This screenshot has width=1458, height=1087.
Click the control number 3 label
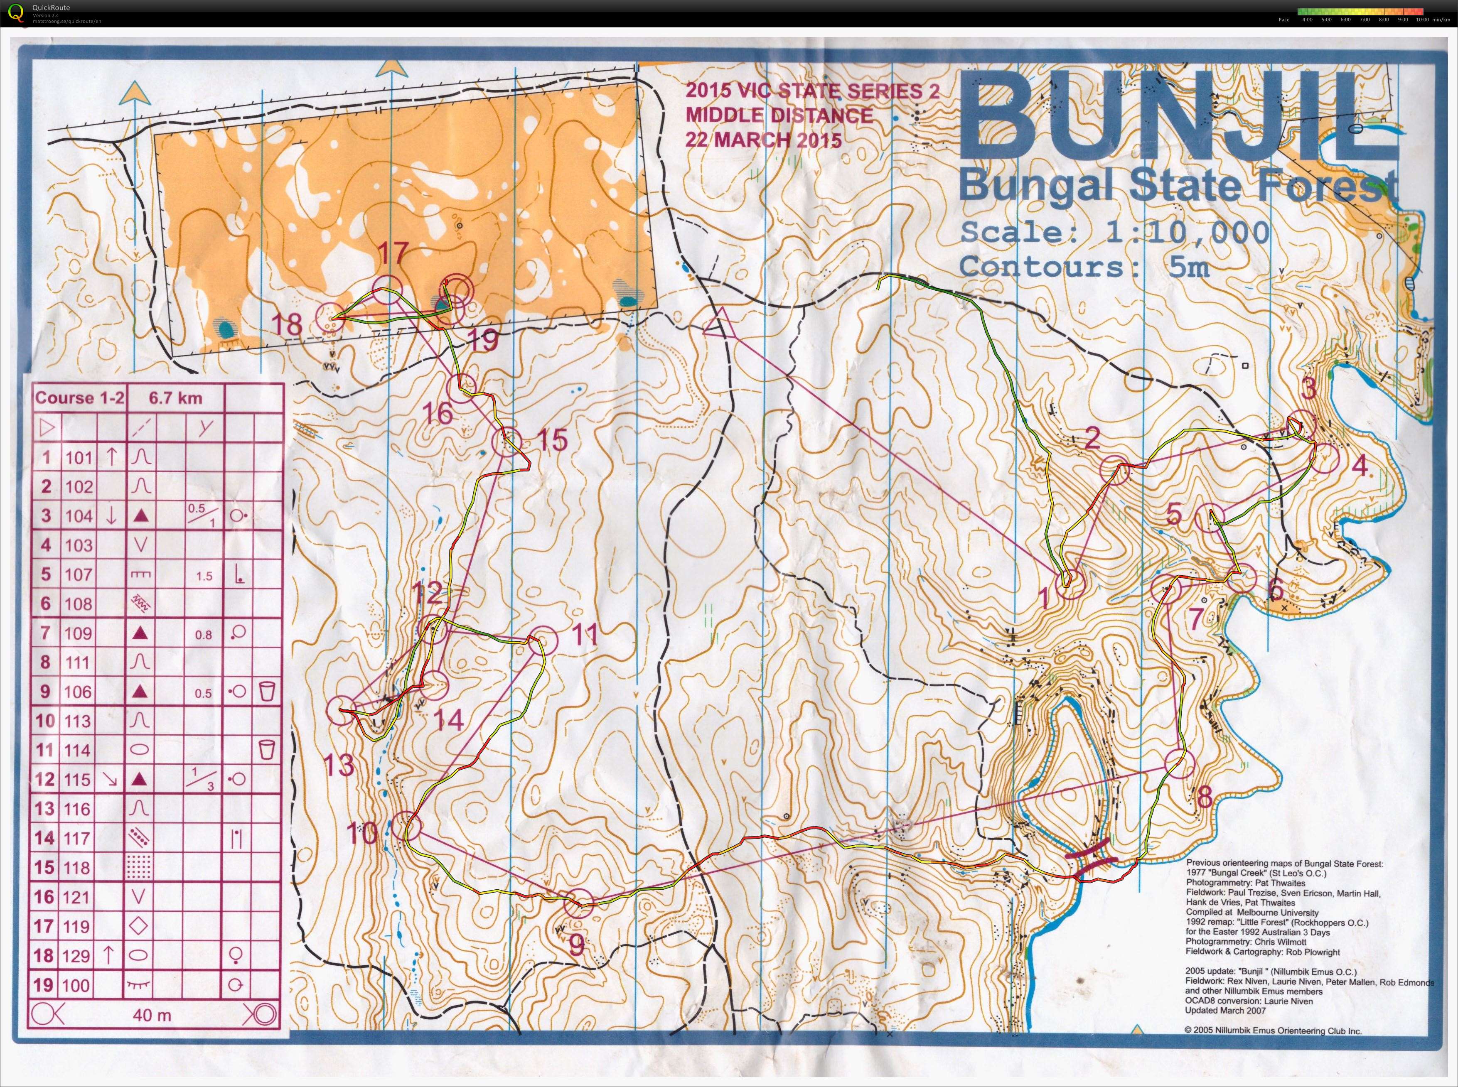click(1308, 390)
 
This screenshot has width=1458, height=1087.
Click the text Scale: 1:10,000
click(1114, 232)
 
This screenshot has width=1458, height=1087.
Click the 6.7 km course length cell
click(175, 398)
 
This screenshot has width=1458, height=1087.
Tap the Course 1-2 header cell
click(79, 398)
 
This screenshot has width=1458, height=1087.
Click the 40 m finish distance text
click(152, 1015)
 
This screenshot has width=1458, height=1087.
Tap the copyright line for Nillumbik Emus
click(1273, 1031)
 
